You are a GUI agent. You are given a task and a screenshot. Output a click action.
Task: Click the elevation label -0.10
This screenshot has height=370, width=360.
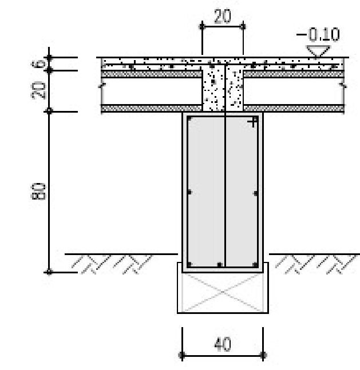[318, 34]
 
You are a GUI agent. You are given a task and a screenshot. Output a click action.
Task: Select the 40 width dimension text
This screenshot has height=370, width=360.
[223, 344]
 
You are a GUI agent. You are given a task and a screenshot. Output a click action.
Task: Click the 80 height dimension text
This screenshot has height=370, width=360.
[38, 191]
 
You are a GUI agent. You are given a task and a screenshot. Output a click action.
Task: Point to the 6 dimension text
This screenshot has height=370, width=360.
[38, 63]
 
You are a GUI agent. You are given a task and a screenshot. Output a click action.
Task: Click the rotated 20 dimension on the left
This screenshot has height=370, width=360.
[38, 90]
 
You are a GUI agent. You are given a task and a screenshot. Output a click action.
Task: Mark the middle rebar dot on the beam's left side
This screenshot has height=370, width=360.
[189, 192]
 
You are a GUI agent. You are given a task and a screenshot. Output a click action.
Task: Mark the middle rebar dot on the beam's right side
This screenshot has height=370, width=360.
[256, 193]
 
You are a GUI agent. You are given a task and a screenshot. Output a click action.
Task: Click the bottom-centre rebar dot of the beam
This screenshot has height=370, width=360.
[220, 265]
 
